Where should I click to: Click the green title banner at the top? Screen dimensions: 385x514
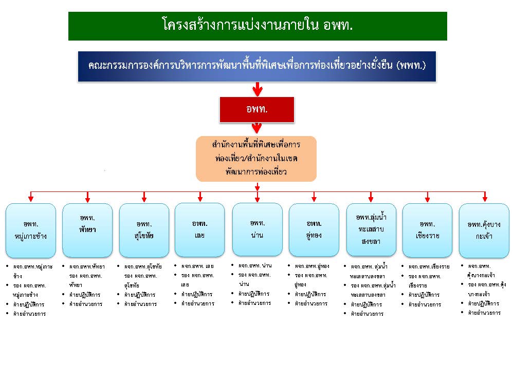tap(258, 26)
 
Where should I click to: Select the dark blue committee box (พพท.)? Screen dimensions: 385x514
tap(257, 66)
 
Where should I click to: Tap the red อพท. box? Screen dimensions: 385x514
tap(257, 109)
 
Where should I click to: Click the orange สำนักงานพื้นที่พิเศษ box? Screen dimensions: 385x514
tap(256, 159)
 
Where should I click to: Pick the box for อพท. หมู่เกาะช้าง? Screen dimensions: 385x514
tap(31, 230)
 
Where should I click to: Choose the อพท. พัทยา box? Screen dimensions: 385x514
tap(87, 230)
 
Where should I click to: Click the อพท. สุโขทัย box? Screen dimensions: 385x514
tap(144, 230)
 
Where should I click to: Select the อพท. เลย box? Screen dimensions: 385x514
tap(199, 230)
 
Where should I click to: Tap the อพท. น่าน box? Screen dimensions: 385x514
tap(257, 229)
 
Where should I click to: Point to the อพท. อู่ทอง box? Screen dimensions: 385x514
tap(314, 230)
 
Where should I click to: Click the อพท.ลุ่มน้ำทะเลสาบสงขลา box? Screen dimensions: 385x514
tap(371, 229)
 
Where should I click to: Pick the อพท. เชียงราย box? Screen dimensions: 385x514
tap(427, 230)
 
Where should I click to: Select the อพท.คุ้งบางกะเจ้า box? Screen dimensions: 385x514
tap(484, 230)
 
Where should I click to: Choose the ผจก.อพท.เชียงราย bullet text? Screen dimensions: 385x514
tap(429, 267)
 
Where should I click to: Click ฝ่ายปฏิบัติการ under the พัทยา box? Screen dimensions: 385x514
tap(85, 295)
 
